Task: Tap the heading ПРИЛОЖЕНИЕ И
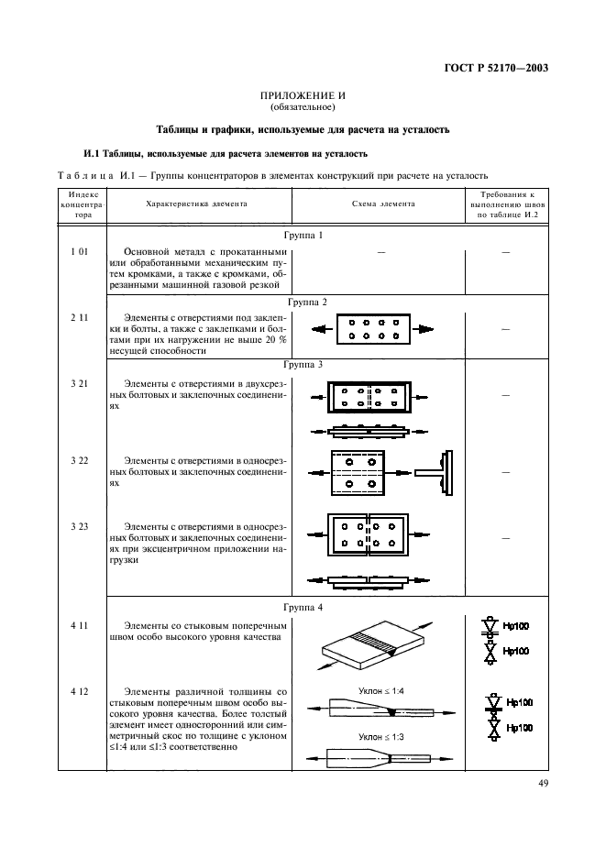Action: tap(303, 96)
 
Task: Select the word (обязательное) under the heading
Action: tap(303, 108)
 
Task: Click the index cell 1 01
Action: tap(78, 251)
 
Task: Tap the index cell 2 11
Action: tap(78, 316)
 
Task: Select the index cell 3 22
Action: tap(78, 458)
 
